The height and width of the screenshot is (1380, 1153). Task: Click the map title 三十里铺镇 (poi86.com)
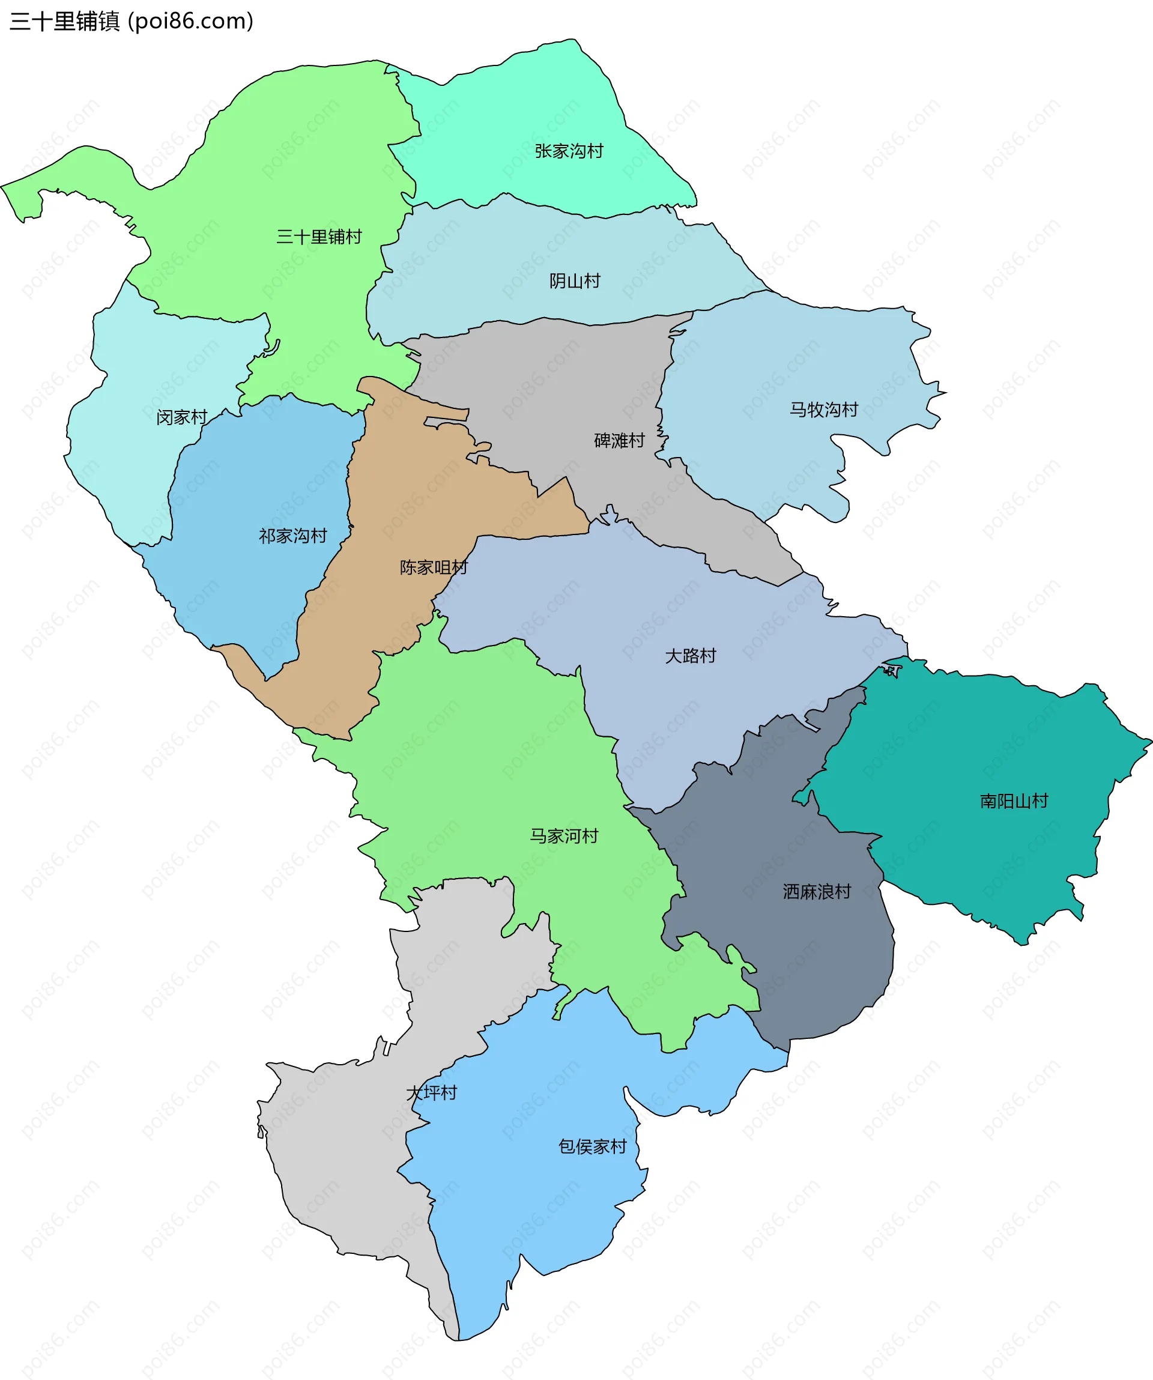132,21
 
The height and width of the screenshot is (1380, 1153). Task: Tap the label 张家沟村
569,151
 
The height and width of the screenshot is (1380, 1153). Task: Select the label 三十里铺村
319,237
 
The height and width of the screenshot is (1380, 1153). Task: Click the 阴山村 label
575,281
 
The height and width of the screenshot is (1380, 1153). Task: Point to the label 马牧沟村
824,410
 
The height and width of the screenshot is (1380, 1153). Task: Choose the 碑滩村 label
619,440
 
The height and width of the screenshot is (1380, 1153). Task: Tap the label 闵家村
181,417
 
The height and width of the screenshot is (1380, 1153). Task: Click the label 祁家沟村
293,536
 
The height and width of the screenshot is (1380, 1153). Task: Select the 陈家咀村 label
434,567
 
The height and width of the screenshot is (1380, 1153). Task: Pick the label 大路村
691,656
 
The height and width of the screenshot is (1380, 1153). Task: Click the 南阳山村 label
1014,801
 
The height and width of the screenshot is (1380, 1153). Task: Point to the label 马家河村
564,836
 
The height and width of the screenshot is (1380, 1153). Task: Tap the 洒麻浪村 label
817,892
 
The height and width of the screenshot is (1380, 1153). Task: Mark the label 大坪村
432,1093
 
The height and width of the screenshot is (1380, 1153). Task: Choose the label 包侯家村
593,1147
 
